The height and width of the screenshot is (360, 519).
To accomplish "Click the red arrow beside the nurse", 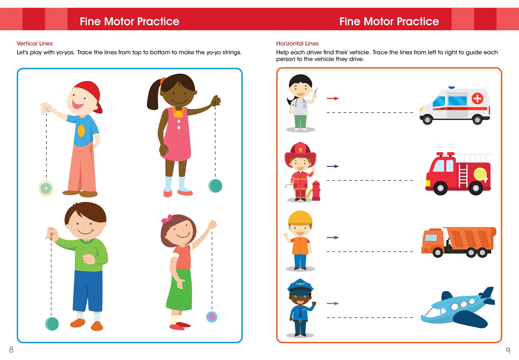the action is pos(333,98).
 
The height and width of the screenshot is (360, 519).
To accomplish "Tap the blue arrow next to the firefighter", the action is pos(333,166).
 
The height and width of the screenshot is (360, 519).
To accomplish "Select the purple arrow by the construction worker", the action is pos(333,237).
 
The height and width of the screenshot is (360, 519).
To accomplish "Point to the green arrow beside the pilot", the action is pos(333,303).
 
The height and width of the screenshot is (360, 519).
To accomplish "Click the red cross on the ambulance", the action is pos(477,98).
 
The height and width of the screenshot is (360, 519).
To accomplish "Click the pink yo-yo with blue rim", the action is pos(212,317).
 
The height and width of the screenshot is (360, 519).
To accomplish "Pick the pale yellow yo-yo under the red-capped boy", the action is pos(46,188).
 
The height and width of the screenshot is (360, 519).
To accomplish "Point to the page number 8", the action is pos(11,349).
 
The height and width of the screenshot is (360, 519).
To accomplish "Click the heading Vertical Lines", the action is pos(35,43).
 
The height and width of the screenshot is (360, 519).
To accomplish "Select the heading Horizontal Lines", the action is pos(297,43).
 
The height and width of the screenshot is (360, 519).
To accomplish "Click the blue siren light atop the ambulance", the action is pos(451,88).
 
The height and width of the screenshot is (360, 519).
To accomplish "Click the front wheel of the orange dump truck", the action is pos(438,253).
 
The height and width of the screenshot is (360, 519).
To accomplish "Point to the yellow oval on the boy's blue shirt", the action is pos(81,131).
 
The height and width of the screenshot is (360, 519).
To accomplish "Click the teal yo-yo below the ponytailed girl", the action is pos(215,186).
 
